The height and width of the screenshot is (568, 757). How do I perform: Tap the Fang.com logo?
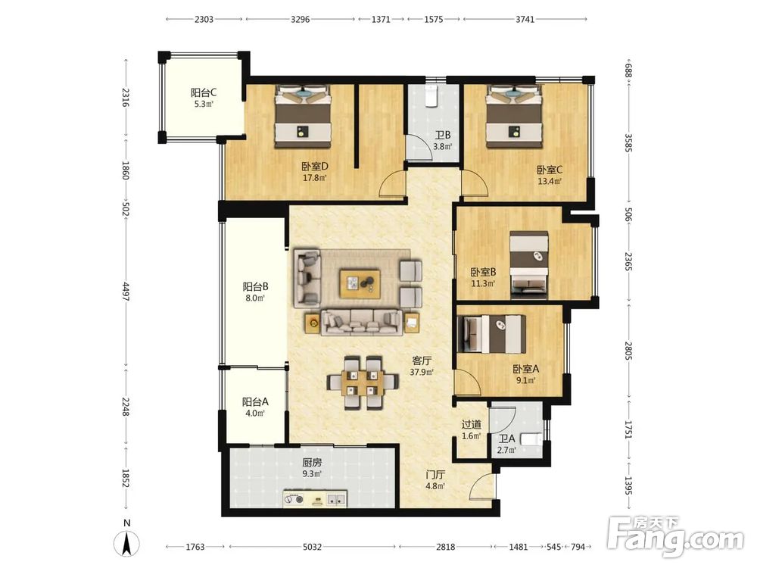(675, 536)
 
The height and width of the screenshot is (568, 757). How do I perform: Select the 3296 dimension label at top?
(301, 20)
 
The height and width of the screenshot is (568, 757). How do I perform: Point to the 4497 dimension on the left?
(126, 292)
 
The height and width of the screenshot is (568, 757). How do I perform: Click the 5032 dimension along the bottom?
(312, 547)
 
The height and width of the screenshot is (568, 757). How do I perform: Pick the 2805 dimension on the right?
(628, 351)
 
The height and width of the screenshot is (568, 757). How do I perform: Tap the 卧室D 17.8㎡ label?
(315, 171)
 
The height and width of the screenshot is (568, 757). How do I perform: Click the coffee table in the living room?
(360, 284)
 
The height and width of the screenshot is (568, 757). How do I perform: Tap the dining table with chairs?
(363, 382)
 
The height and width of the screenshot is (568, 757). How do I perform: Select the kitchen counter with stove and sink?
(315, 499)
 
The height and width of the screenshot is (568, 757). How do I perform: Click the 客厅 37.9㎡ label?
(422, 366)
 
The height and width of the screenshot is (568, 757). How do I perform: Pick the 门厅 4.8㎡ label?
(435, 480)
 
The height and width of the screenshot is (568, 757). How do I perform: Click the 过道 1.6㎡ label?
(471, 429)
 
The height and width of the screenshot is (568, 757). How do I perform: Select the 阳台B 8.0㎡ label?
(255, 292)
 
